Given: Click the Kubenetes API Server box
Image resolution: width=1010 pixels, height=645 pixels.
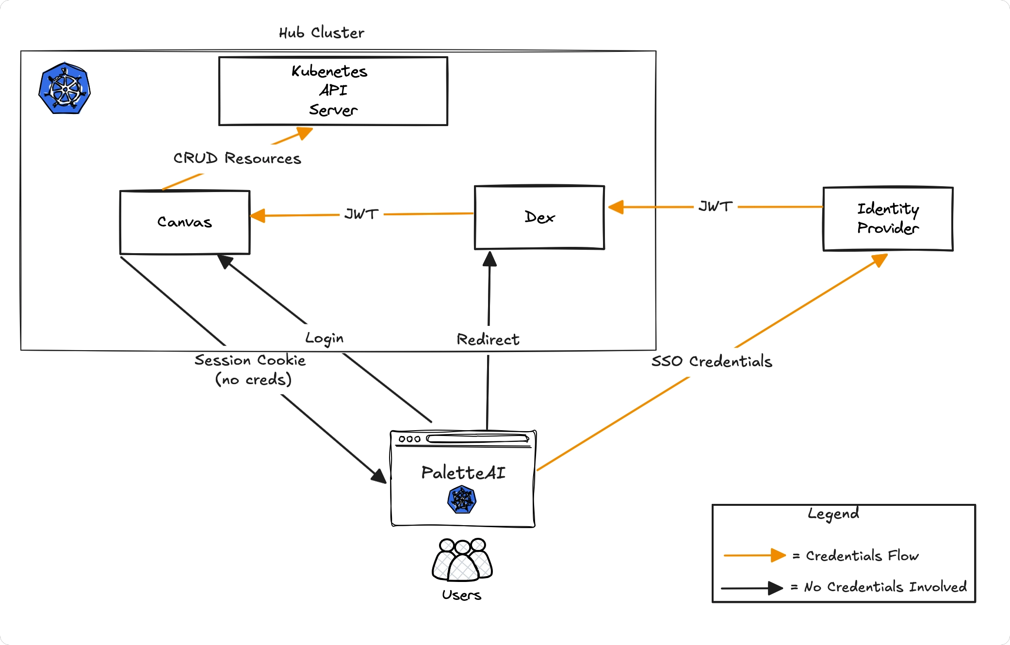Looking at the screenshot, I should tap(333, 91).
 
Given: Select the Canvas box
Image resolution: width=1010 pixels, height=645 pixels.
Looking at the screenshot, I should tap(184, 222).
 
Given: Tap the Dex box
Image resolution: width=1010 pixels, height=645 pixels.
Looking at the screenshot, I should tap(539, 217).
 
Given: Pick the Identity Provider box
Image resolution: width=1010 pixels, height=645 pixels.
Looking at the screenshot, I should tap(888, 219).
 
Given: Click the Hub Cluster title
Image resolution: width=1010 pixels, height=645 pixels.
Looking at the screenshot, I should tap(321, 33).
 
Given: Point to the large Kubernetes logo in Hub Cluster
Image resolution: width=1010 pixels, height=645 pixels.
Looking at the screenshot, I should tap(65, 89).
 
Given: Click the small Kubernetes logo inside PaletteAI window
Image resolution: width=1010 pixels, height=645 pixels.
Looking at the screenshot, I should tap(461, 500).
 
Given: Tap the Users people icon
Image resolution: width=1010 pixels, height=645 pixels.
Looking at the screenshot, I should tap(462, 561).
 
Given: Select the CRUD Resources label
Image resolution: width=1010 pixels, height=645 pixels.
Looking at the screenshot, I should tap(237, 159).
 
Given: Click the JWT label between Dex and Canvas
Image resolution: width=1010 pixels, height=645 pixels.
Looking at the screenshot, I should tap(361, 214).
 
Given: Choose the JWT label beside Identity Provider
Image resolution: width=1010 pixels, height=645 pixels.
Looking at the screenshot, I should tap(716, 207).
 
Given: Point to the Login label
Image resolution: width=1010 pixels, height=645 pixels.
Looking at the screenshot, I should tap(324, 338).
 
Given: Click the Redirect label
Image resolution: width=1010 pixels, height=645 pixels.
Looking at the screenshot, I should tap(488, 339).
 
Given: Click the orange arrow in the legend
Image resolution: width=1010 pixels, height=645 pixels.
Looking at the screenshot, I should tap(754, 555).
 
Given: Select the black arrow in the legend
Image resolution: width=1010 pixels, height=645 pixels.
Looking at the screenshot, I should tap(751, 588).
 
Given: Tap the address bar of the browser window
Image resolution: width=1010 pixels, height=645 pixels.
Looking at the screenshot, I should tap(477, 439).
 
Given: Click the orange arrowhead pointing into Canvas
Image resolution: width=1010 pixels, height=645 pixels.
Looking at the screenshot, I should tap(258, 216).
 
